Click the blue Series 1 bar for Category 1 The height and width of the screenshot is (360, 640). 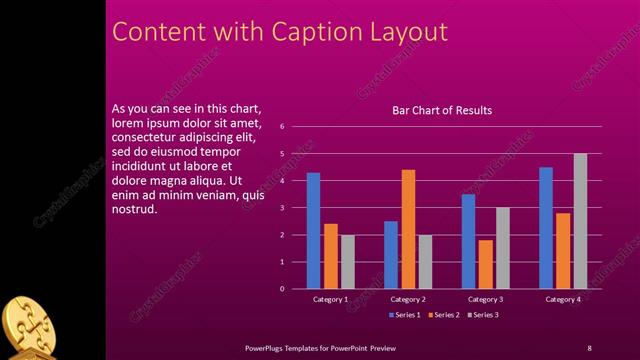(313, 231)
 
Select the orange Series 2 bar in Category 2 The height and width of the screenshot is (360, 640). (408, 229)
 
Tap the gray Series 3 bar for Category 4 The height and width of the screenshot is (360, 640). (580, 221)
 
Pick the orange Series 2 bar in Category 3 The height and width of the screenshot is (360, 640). (485, 264)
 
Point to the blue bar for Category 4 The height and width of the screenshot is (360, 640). (546, 228)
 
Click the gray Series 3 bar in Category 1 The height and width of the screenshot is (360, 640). (347, 262)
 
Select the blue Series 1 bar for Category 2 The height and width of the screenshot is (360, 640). (391, 255)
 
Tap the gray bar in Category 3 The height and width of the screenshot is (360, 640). (502, 248)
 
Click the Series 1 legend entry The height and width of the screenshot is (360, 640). (402, 315)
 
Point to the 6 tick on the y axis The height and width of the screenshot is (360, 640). (283, 127)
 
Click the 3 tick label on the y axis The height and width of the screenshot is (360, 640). (283, 208)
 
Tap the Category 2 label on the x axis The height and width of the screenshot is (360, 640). (408, 299)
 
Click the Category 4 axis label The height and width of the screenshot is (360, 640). (563, 299)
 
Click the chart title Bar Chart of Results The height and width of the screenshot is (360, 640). (441, 110)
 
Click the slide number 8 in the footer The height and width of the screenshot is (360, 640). (589, 347)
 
